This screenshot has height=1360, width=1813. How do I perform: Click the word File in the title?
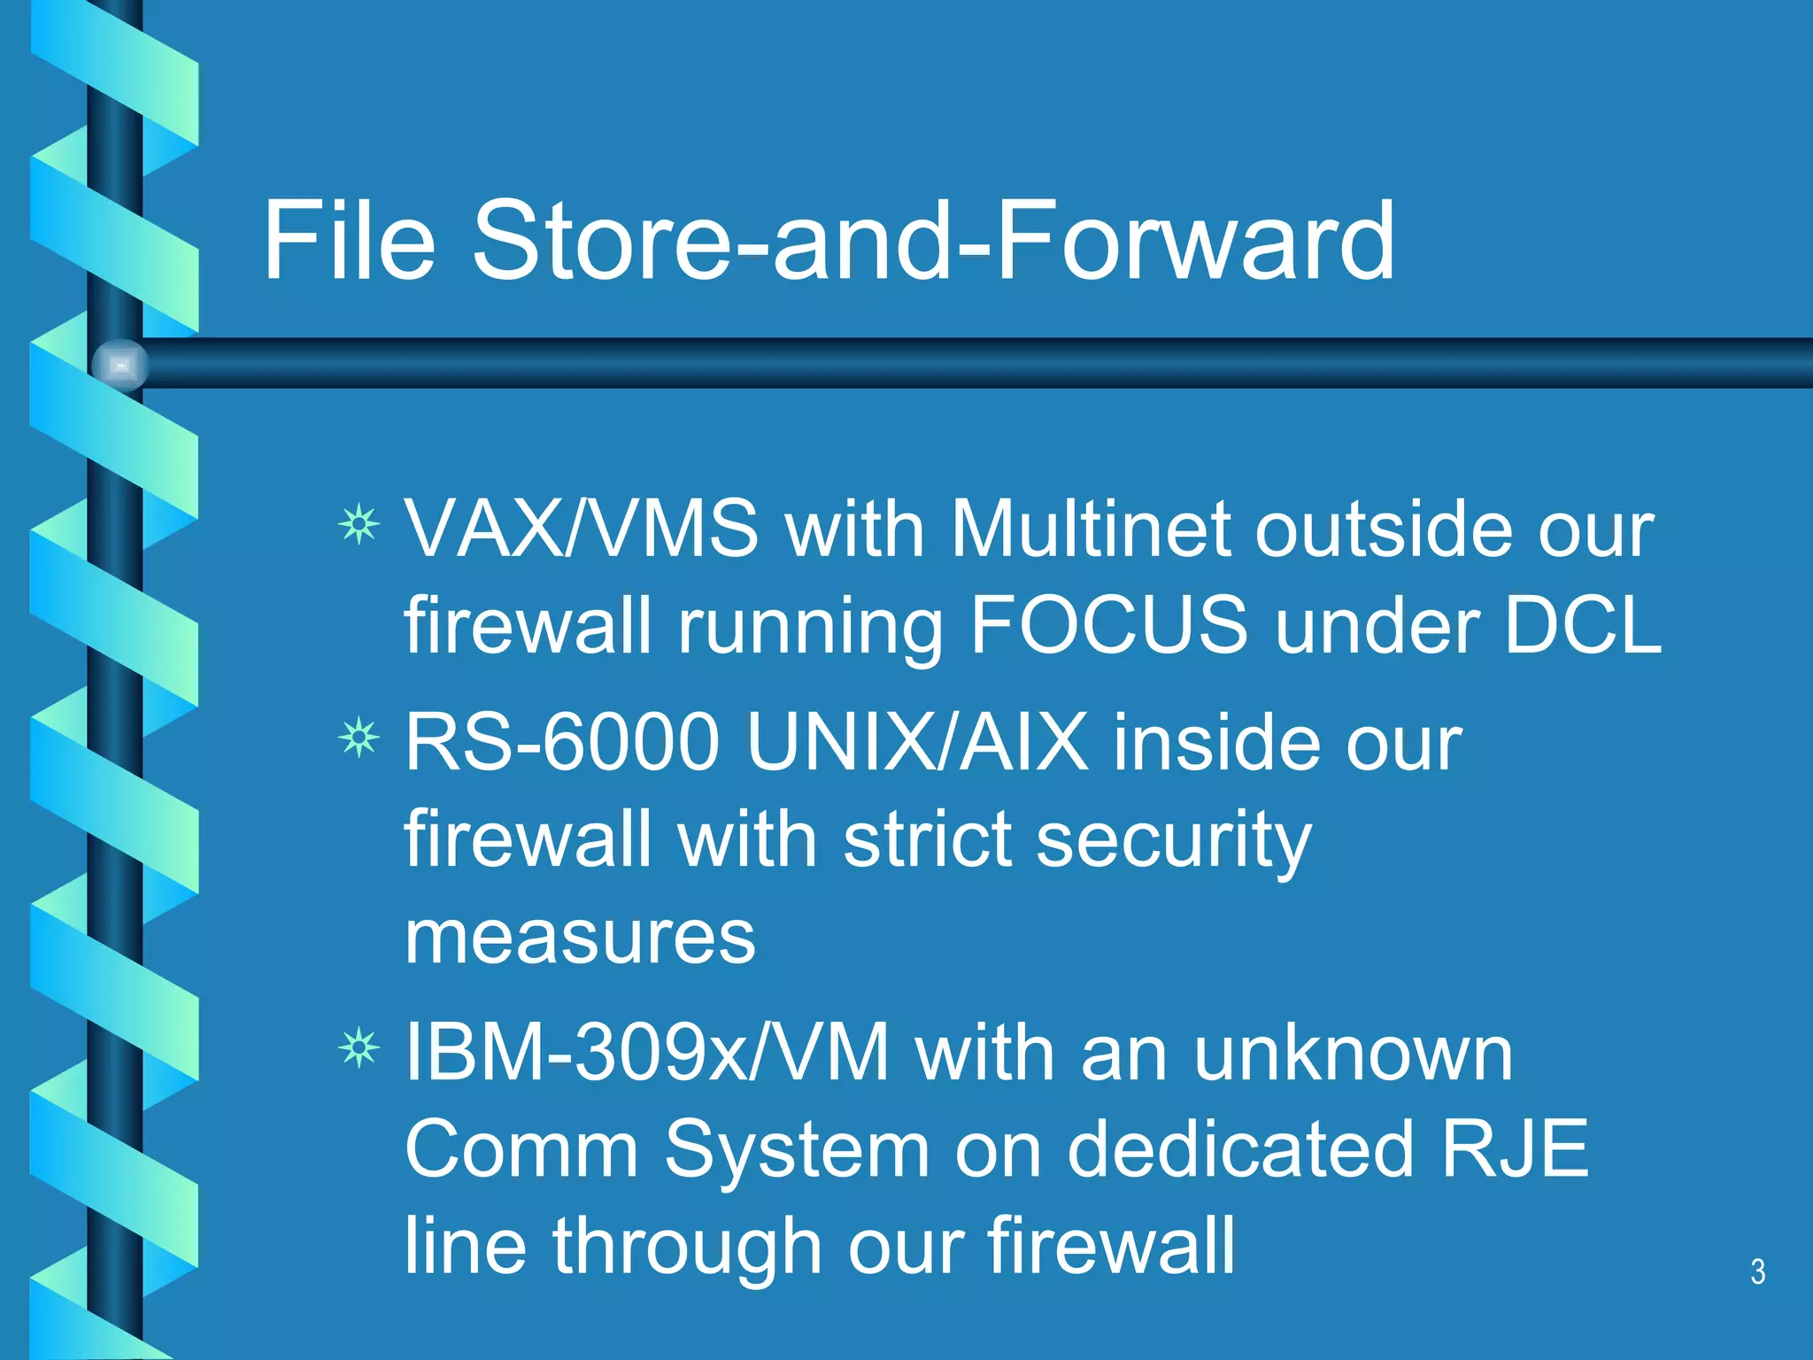click(349, 241)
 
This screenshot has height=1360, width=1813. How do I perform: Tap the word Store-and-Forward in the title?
click(932, 241)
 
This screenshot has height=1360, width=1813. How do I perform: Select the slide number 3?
click(1757, 1272)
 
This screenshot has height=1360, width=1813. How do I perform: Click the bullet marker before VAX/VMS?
click(359, 526)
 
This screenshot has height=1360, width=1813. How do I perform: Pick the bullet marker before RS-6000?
click(359, 738)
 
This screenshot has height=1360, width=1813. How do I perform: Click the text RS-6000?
click(561, 742)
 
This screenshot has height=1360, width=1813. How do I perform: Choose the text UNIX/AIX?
click(917, 742)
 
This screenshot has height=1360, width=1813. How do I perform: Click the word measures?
click(580, 937)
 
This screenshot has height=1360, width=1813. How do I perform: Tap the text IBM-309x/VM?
click(646, 1054)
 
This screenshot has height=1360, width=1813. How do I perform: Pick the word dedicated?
click(1240, 1149)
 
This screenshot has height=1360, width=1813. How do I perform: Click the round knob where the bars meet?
click(120, 365)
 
